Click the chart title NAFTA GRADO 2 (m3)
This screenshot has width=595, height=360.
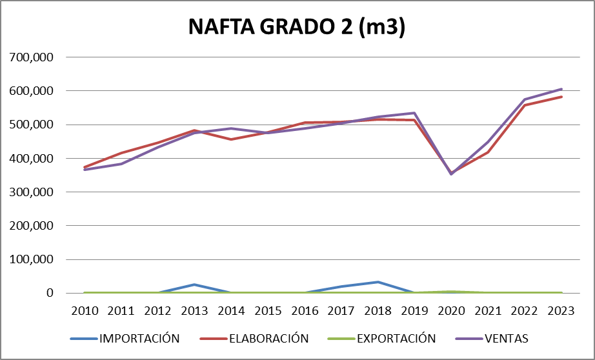297,27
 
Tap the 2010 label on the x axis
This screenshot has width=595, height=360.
85,310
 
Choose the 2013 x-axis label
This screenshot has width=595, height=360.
194,310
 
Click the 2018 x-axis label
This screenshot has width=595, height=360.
378,310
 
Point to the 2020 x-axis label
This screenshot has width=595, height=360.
451,310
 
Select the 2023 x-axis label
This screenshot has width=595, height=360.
561,310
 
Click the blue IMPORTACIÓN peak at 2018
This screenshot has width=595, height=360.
378,282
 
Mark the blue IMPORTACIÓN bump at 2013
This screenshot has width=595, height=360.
194,285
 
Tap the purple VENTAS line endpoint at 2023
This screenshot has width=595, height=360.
561,89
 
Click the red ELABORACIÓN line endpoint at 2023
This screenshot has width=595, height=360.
561,97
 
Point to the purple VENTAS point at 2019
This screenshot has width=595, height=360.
414,113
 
